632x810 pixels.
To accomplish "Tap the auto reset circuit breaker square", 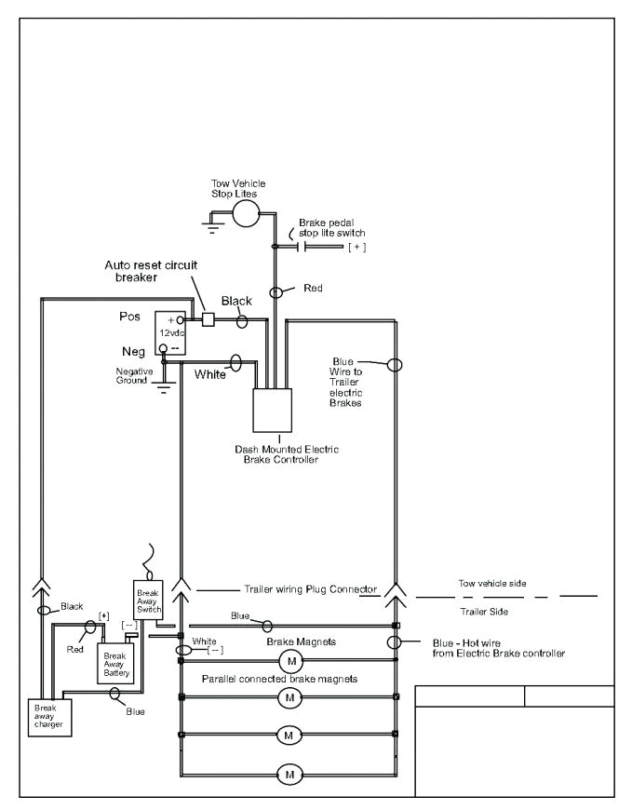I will [209, 319].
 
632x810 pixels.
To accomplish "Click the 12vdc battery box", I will [171, 332].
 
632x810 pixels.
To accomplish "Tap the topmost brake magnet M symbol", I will [290, 661].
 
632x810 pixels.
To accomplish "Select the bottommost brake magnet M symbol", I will [289, 773].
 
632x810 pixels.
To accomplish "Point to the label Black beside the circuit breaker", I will [236, 301].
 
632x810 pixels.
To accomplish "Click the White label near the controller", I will [210, 375].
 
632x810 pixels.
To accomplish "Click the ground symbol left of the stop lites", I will [213, 224].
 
